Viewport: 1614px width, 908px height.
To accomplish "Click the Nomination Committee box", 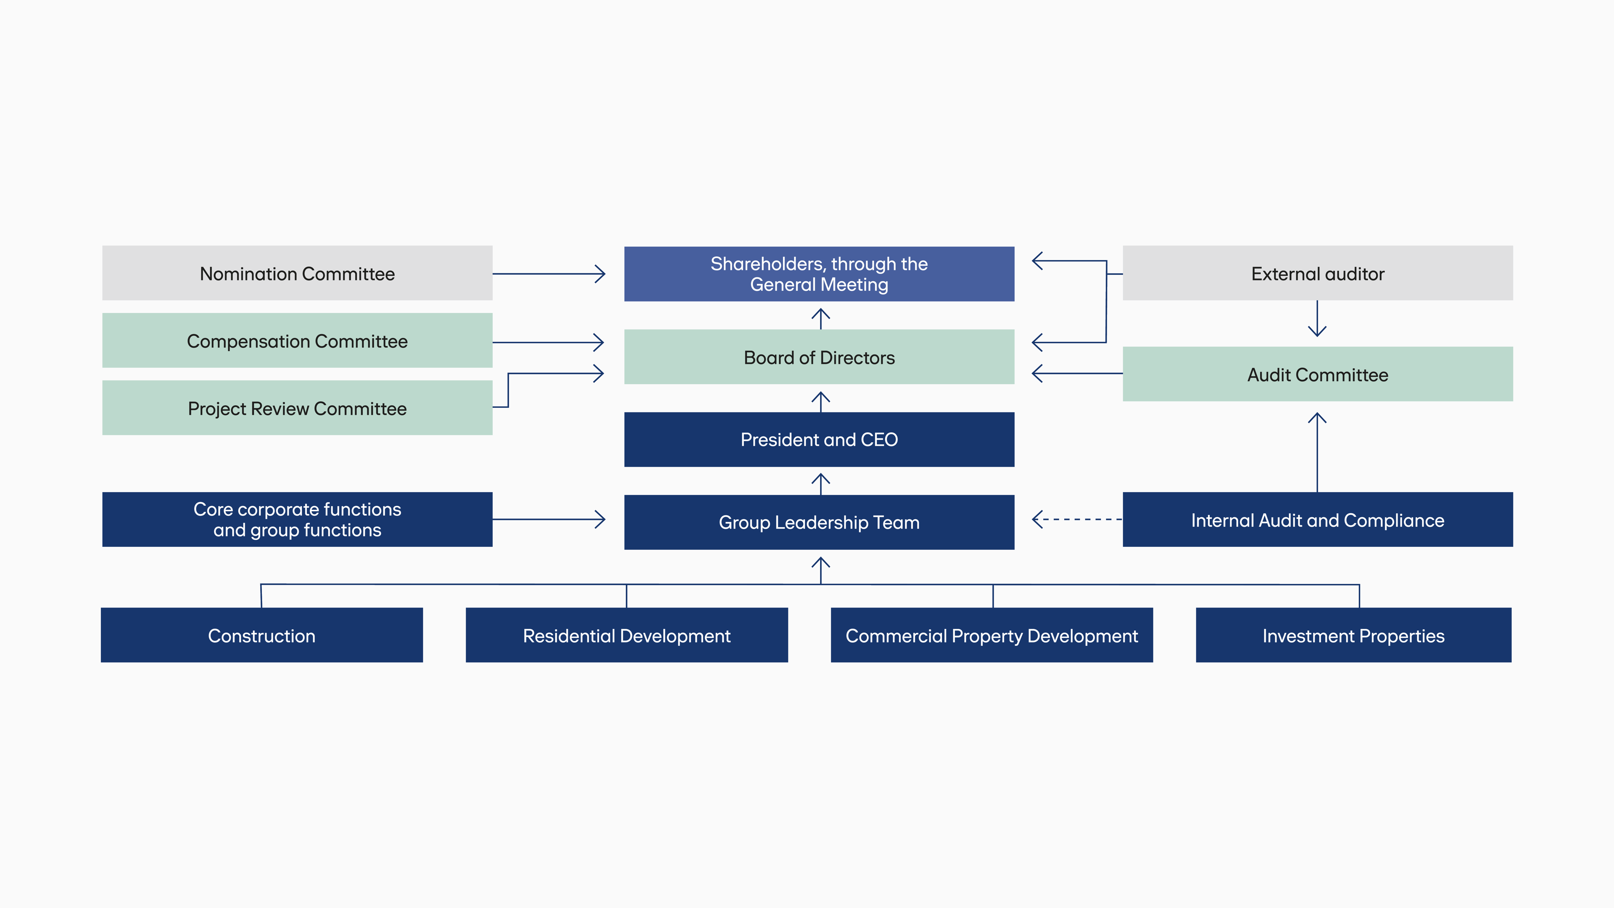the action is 297,273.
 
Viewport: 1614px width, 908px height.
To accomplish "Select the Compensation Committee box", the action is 297,341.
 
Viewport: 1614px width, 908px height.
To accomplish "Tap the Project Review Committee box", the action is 297,408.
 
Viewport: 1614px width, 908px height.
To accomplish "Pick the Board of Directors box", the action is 819,357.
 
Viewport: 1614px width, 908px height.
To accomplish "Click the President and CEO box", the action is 819,439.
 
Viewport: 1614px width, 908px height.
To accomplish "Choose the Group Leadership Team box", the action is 819,522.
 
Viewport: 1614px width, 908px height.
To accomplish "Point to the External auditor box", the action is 1318,273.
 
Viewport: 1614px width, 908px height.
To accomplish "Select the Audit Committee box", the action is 1318,374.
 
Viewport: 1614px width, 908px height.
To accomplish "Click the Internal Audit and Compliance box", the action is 1318,520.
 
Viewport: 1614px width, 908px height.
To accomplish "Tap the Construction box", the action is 262,635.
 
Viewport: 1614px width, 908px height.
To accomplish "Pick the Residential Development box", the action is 627,635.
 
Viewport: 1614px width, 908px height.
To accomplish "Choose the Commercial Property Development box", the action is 992,635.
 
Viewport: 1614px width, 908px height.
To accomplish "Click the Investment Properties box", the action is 1353,635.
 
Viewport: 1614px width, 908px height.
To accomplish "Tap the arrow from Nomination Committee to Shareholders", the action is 549,274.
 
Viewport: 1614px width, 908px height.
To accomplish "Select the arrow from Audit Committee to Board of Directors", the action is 1077,373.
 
